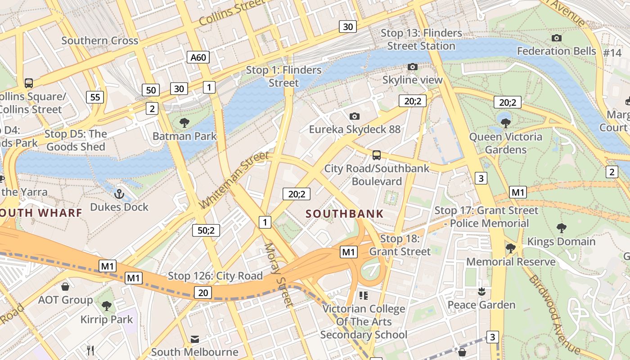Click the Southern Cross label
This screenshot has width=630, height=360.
pyautogui.click(x=99, y=40)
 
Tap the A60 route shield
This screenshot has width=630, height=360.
pyautogui.click(x=198, y=57)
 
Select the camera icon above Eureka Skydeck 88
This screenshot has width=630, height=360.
pyautogui.click(x=354, y=116)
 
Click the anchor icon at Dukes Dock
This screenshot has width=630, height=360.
pyautogui.click(x=119, y=194)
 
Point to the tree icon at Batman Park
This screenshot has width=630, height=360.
pyautogui.click(x=184, y=122)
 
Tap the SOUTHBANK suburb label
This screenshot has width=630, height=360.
pyautogui.click(x=345, y=214)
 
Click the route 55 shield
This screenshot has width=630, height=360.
pyautogui.click(x=95, y=97)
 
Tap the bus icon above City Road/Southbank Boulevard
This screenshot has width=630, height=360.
pyautogui.click(x=376, y=155)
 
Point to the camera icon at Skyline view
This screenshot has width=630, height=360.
pyautogui.click(x=412, y=67)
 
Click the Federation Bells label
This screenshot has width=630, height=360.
pyautogui.click(x=556, y=51)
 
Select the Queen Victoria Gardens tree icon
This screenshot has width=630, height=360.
pyautogui.click(x=505, y=123)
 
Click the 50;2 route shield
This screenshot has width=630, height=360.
pyautogui.click(x=206, y=230)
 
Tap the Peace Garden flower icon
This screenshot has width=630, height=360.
pyautogui.click(x=481, y=292)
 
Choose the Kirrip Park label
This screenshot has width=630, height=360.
pyautogui.click(x=107, y=319)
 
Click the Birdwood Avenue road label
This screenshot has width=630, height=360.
pyautogui.click(x=554, y=314)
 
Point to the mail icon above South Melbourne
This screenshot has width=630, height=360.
pyautogui.click(x=194, y=339)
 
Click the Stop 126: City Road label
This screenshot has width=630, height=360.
pyautogui.click(x=215, y=276)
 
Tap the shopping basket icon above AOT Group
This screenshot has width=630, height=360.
pyautogui.click(x=65, y=287)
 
